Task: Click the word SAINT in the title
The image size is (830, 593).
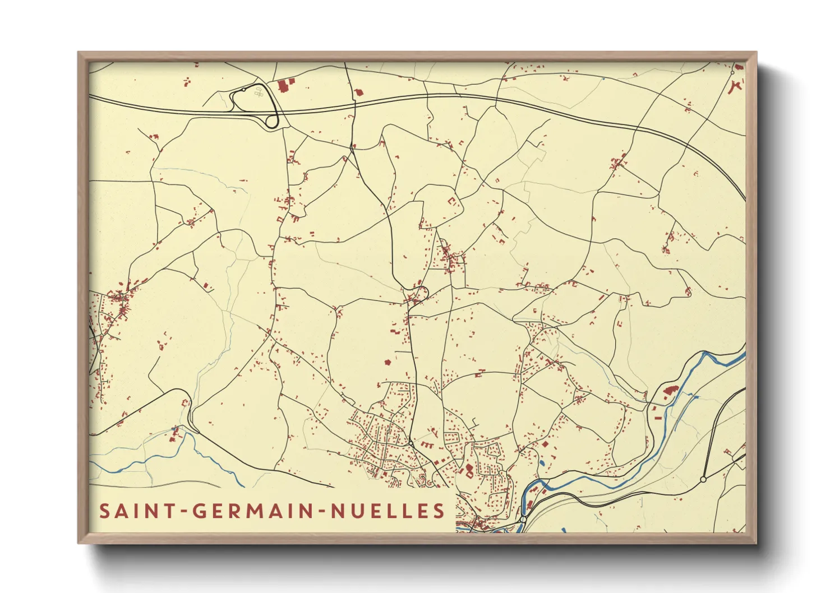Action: click(136, 511)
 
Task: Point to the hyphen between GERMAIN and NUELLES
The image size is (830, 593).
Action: click(322, 512)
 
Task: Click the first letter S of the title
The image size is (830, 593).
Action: click(104, 511)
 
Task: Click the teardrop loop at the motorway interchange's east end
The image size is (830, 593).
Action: click(271, 121)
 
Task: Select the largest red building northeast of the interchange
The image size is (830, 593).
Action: click(284, 86)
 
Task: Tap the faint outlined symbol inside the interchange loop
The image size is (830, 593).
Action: click(259, 92)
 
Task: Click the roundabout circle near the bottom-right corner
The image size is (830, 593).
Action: click(703, 480)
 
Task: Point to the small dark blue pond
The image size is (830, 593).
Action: click(541, 464)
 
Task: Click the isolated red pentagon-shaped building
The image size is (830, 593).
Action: click(387, 363)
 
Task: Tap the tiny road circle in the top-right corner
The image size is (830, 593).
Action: click(732, 72)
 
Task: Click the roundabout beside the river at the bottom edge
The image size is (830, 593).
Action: click(523, 520)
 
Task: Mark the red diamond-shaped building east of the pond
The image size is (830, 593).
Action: click(545, 444)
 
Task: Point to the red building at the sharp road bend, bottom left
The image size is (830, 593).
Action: click(185, 403)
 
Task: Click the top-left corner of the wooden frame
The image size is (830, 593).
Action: click(79, 53)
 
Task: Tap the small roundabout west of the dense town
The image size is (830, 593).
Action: click(411, 443)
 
